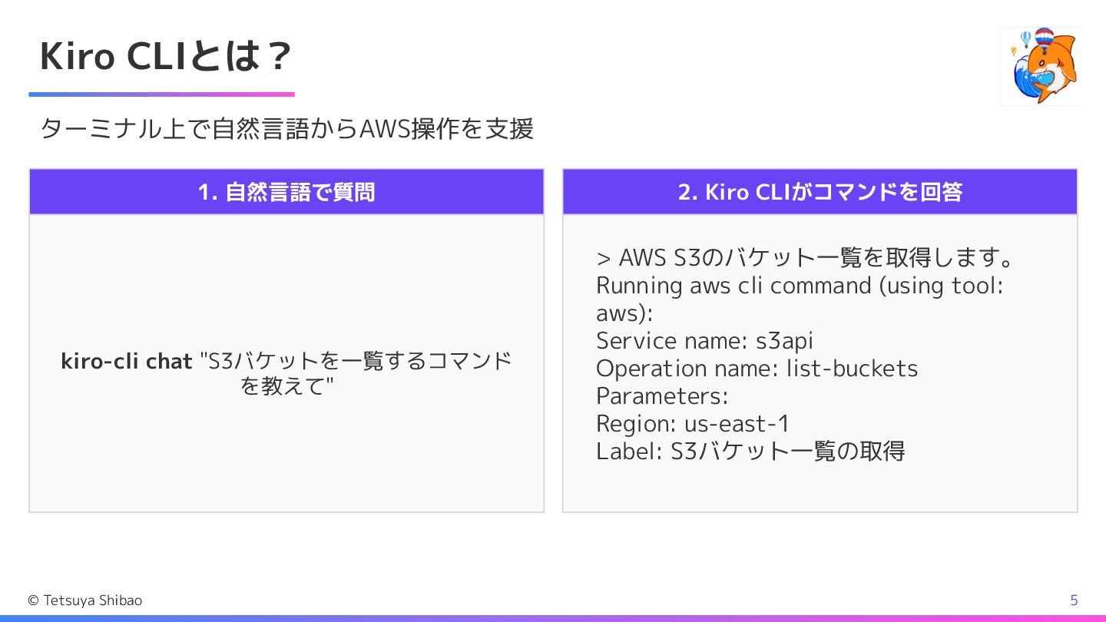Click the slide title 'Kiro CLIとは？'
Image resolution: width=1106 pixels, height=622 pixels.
(166, 56)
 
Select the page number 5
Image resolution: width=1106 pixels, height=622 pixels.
(1074, 600)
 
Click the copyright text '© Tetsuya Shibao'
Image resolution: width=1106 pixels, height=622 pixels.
(84, 600)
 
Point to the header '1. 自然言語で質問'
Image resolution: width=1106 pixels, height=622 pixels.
(286, 192)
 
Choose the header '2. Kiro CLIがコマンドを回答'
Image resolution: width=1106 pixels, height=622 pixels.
(820, 192)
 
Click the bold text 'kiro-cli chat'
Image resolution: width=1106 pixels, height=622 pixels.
(127, 361)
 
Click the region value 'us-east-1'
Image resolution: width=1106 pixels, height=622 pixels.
(737, 424)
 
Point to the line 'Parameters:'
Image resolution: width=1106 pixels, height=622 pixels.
(662, 396)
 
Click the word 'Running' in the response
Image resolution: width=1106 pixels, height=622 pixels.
(639, 286)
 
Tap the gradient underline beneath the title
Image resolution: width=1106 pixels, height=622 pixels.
(161, 94)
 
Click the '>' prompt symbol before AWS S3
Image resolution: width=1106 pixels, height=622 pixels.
(603, 257)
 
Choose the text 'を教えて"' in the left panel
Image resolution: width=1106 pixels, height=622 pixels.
(286, 385)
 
